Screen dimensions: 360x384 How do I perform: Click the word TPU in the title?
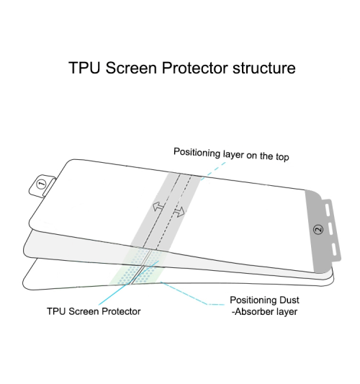[x=85, y=68]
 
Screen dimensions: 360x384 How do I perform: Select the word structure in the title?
[x=264, y=68]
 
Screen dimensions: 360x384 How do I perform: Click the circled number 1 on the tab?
[x=41, y=184]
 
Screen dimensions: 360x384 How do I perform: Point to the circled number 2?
[x=318, y=230]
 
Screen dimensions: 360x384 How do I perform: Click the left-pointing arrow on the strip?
[x=158, y=206]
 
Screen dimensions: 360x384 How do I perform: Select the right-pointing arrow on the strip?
[x=179, y=212]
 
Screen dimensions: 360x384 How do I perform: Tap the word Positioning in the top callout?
[x=197, y=153]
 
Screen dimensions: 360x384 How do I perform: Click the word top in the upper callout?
[x=282, y=157]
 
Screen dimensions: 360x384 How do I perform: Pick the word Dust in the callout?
[x=289, y=300]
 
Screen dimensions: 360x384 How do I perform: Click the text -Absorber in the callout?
[x=253, y=312]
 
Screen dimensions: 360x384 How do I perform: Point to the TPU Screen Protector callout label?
[x=94, y=311]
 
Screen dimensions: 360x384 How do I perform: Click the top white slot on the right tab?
[x=328, y=210]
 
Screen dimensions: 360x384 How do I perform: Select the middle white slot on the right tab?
[x=331, y=228]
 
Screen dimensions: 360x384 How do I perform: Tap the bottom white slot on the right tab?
[x=334, y=249]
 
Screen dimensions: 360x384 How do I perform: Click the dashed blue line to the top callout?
[x=213, y=171]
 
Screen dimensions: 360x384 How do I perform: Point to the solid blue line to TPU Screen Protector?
[x=129, y=283]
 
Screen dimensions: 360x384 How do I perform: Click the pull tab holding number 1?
[x=42, y=185]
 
